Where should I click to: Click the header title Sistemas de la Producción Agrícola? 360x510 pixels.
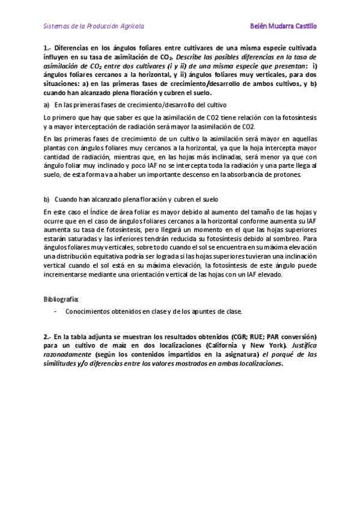coord(94,26)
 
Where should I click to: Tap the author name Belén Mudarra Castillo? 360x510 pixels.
coord(282,26)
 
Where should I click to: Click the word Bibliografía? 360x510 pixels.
coord(61,298)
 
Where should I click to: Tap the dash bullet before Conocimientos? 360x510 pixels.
coord(55,312)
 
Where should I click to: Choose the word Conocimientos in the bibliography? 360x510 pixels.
coord(89,312)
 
